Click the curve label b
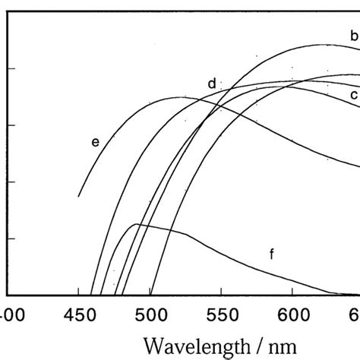pyautogui.click(x=353, y=35)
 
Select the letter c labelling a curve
pyautogui.click(x=353, y=95)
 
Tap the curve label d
pyautogui.click(x=212, y=83)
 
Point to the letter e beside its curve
pyautogui.click(x=95, y=141)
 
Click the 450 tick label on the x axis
pyautogui.click(x=78, y=314)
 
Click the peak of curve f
pyautogui.click(x=137, y=224)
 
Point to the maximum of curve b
pyautogui.click(x=323, y=44)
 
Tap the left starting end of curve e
pyautogui.click(x=78, y=197)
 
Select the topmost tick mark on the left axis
pyautogui.click(x=11, y=68)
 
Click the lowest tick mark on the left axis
pyautogui.click(x=11, y=238)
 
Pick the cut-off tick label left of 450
pyautogui.click(x=10, y=314)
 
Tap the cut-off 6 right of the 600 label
pyautogui.click(x=355, y=314)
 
